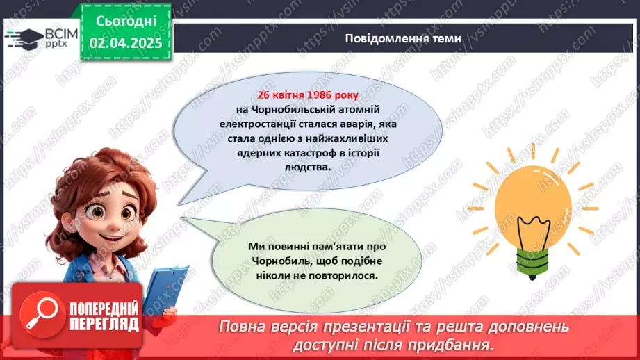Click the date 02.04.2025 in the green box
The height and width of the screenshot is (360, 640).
tap(125, 42)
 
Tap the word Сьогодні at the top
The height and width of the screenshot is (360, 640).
tap(125, 22)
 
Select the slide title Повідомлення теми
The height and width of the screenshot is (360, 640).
tap(402, 39)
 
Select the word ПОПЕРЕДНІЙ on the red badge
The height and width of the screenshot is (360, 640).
tap(104, 308)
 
